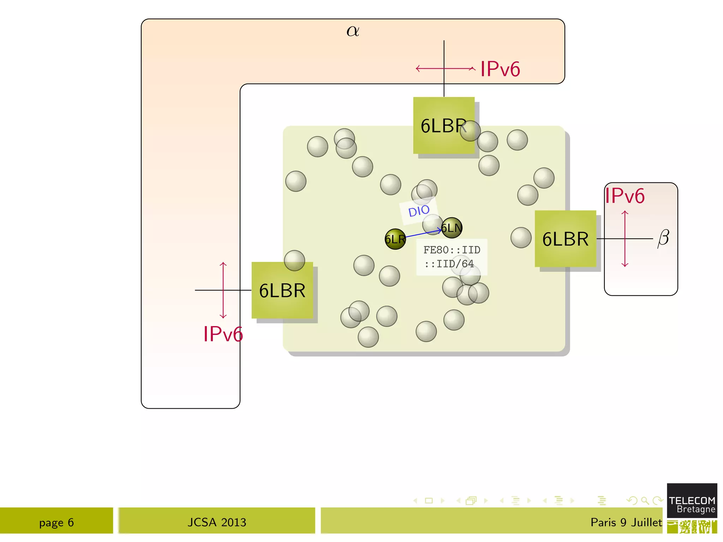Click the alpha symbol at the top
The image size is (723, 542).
(x=353, y=31)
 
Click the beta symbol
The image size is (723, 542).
(x=663, y=238)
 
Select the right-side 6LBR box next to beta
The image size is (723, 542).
(x=565, y=239)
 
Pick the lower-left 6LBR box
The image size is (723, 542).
(x=282, y=290)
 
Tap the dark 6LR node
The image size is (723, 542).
(x=395, y=239)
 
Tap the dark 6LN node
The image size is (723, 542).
(x=452, y=228)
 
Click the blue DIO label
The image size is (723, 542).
(x=419, y=211)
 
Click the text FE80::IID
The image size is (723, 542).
(x=452, y=250)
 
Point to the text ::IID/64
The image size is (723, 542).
(x=449, y=264)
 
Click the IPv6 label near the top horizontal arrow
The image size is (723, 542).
(x=500, y=69)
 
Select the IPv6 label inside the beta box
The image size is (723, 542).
(x=625, y=196)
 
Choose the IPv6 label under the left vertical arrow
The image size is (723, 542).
(x=223, y=334)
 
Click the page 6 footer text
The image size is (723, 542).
(x=56, y=522)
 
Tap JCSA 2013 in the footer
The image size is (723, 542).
(x=217, y=522)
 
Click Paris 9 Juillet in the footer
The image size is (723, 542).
(x=626, y=522)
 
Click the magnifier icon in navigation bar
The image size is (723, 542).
(x=645, y=500)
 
